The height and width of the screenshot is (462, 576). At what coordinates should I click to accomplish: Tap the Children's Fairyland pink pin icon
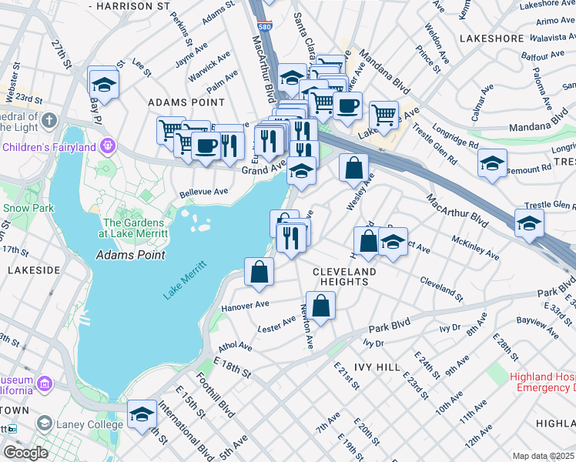[108, 146]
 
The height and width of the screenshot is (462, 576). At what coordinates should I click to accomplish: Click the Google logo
[25, 452]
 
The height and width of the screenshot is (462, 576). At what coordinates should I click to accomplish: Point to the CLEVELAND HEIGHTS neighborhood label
[344, 277]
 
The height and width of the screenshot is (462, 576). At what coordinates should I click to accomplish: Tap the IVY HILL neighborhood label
[377, 367]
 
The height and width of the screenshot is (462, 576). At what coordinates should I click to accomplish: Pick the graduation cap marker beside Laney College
[142, 416]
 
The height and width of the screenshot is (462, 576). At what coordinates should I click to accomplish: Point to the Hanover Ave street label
[245, 305]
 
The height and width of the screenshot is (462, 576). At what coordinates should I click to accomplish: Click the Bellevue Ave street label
[203, 192]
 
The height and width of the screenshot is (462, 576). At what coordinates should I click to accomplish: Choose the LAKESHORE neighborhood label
[491, 37]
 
